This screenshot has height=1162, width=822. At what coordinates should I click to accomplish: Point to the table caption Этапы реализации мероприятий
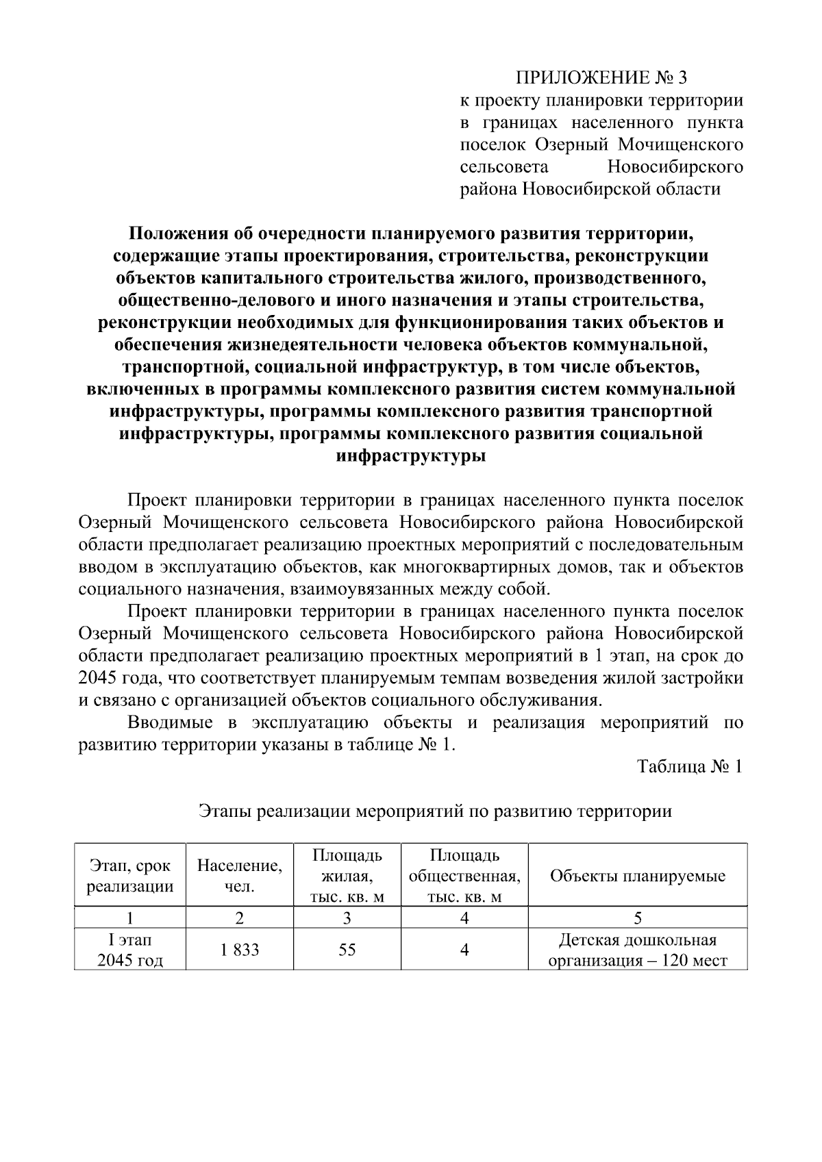(434, 812)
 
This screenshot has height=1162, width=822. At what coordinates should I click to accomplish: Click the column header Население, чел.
(239, 875)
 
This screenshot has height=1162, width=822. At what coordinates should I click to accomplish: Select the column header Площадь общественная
(464, 876)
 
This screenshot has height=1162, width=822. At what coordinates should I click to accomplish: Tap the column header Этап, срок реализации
(130, 876)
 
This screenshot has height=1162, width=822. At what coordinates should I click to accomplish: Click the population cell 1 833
(239, 950)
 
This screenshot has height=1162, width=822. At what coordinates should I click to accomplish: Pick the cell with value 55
(347, 950)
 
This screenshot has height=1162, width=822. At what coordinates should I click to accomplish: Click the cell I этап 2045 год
(130, 950)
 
